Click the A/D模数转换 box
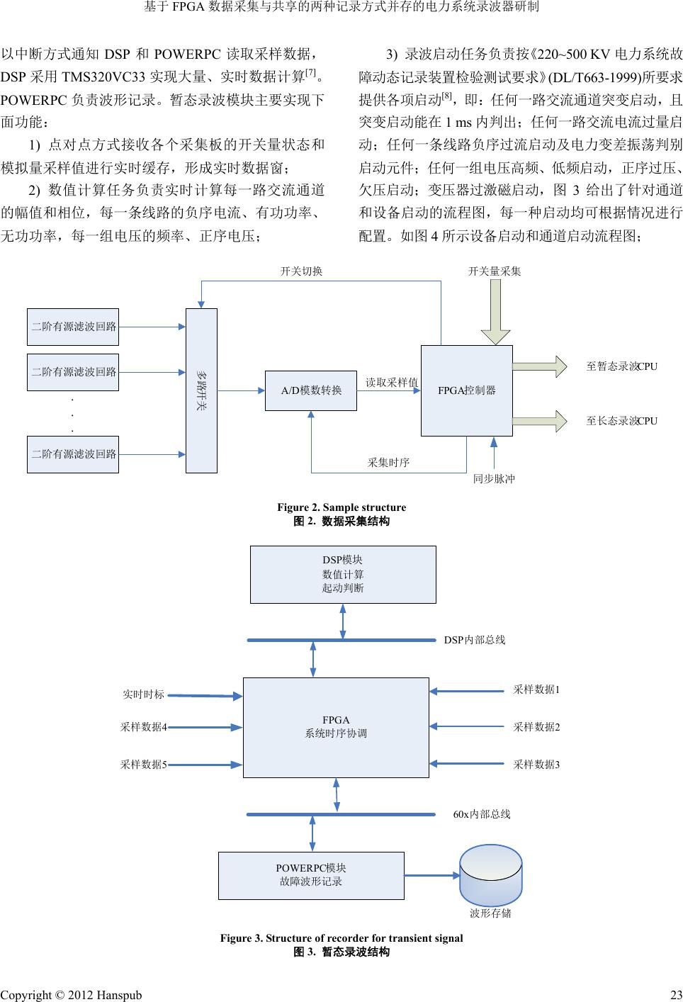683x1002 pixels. [x=310, y=390]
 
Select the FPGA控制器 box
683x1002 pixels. [x=466, y=390]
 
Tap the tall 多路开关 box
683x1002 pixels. [x=201, y=390]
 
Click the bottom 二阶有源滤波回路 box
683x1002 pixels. [x=73, y=454]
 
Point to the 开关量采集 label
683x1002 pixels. [x=495, y=271]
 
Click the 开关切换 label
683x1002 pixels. [x=301, y=271]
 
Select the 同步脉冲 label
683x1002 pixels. [x=494, y=479]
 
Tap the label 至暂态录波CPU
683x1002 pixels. [x=621, y=366]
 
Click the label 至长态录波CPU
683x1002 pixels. [x=621, y=421]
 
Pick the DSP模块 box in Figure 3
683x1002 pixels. [x=343, y=574]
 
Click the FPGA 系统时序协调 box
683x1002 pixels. [x=336, y=727]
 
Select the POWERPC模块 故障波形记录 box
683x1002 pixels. [x=311, y=875]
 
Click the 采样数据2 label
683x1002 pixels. [x=536, y=727]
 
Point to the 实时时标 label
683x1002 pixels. [x=143, y=694]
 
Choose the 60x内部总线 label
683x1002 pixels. [x=482, y=814]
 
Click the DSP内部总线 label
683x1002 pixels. [x=475, y=640]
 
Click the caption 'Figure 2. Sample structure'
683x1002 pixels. [x=341, y=507]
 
